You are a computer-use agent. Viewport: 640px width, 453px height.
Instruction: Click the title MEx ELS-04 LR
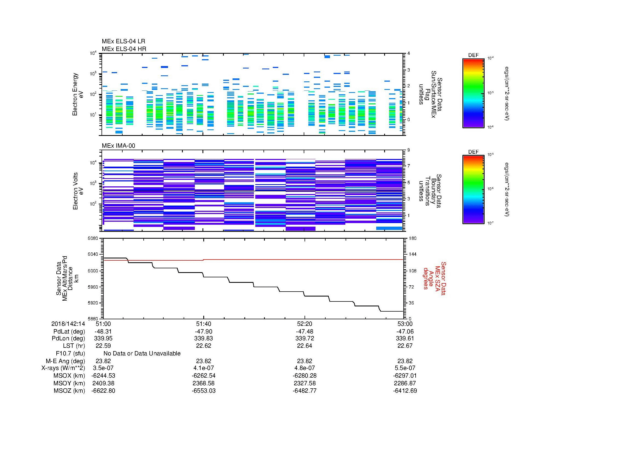point(123,41)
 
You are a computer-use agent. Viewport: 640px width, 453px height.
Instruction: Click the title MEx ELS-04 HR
point(124,49)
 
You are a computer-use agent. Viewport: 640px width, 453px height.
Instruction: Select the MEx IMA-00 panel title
point(118,146)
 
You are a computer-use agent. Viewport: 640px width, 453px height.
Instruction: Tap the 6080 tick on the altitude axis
point(93,238)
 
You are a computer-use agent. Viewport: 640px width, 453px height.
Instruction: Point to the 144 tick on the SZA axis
point(412,254)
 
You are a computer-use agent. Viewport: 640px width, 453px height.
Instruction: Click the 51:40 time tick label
point(204,324)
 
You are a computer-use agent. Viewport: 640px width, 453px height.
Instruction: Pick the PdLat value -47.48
point(304,332)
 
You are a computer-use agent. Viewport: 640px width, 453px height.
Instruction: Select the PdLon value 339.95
point(103,338)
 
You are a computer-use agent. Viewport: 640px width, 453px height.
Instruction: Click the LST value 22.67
point(405,346)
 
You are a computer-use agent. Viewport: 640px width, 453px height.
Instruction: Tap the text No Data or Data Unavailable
point(142,354)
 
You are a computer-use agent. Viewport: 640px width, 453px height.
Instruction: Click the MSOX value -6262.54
point(204,376)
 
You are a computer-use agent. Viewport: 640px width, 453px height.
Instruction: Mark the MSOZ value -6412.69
point(405,391)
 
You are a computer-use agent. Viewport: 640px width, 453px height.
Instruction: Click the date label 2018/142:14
point(68,324)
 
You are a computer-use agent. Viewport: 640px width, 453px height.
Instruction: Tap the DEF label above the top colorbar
point(473,55)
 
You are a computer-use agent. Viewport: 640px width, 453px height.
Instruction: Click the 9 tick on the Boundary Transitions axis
point(409,150)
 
